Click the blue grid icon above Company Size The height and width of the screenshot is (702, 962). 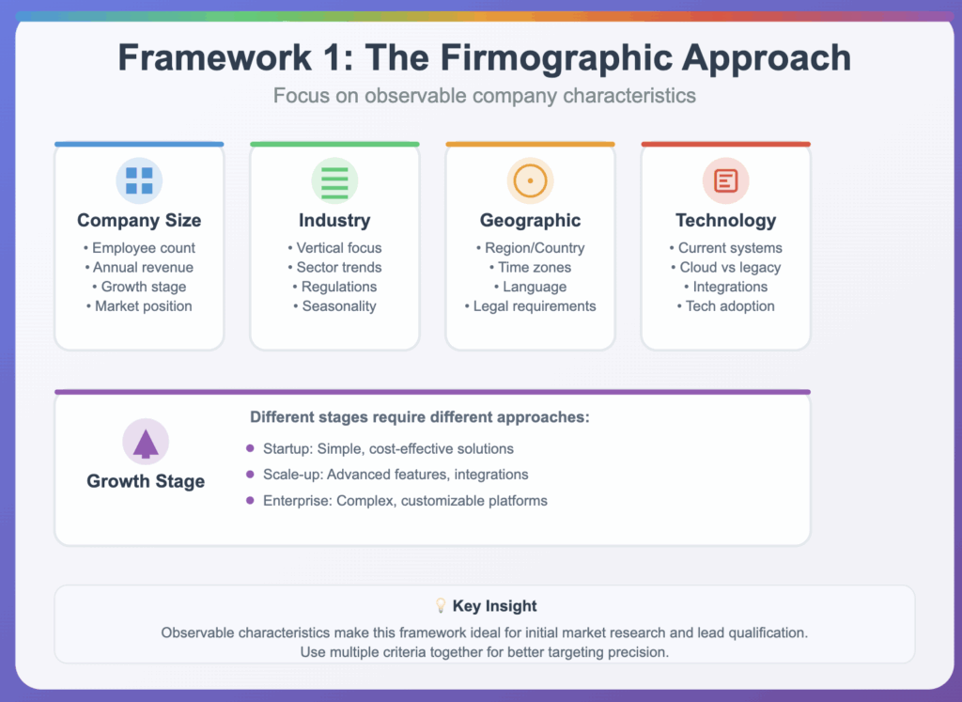tap(139, 181)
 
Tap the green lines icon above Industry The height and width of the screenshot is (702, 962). tap(334, 181)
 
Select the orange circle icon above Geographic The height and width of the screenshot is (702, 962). tap(530, 181)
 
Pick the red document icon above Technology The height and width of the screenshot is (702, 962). tap(726, 181)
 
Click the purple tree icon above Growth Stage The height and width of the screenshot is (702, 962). tap(146, 443)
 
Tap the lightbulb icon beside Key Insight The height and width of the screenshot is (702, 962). tap(441, 605)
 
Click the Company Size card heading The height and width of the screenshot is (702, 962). tap(139, 220)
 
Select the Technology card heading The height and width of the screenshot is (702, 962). tap(726, 220)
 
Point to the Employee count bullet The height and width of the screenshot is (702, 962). tap(139, 248)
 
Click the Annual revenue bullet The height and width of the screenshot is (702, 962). tap(139, 268)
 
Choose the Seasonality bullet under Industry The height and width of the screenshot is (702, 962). tap(334, 306)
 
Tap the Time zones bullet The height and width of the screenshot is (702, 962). tap(530, 268)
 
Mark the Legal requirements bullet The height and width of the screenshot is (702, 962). tap(530, 306)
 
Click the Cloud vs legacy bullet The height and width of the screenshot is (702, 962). tap(726, 268)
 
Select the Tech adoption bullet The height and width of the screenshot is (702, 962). tap(726, 306)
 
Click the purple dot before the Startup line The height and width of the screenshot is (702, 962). tap(250, 448)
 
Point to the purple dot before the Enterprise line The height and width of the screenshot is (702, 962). tap(250, 501)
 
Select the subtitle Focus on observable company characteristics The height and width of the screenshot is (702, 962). tap(485, 96)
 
